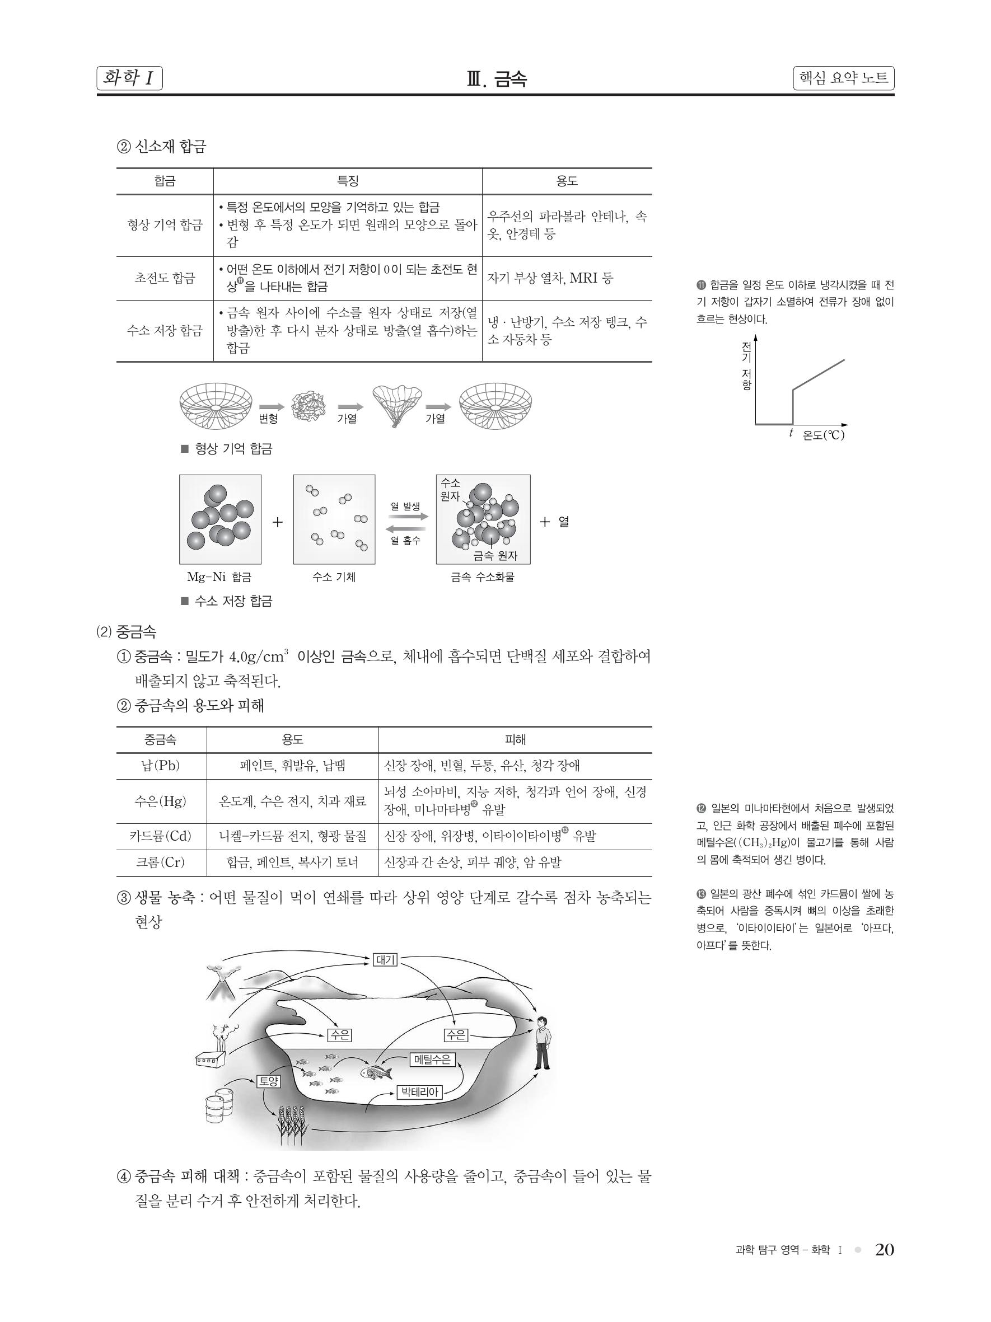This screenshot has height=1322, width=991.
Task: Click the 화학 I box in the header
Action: pos(129,78)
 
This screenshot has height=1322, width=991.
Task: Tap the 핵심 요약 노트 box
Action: pos(843,78)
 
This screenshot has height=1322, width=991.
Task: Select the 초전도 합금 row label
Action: pos(165,278)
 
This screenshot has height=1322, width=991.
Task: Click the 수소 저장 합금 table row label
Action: pos(165,330)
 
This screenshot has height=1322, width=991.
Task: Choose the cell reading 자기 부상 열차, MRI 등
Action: pos(550,278)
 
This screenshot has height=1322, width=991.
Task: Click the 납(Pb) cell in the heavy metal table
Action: pos(161,766)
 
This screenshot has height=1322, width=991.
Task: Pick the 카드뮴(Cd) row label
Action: pos(161,836)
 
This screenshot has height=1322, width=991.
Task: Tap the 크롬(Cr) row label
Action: pos(161,862)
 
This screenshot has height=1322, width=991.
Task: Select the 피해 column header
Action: pos(515,740)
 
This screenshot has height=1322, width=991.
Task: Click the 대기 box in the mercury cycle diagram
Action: pos(385,960)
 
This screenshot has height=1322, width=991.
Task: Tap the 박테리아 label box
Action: pos(420,1093)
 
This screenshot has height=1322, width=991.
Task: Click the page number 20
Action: pos(884,1250)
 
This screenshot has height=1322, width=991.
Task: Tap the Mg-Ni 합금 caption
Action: pos(219,576)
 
